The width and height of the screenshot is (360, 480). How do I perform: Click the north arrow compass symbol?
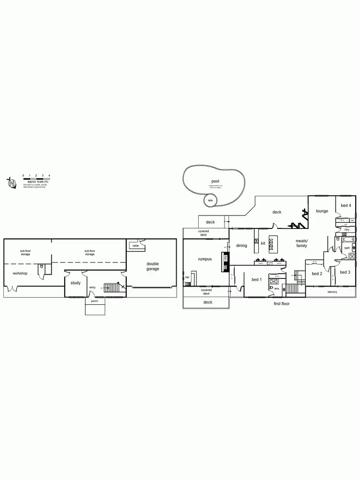11,183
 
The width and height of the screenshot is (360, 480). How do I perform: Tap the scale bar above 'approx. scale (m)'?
36,179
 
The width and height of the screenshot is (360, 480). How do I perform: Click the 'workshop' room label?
20,273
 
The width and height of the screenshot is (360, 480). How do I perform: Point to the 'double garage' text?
153,266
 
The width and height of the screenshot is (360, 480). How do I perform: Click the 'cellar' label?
136,245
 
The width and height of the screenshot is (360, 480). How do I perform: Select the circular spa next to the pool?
210,200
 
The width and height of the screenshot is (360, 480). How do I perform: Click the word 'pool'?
215,181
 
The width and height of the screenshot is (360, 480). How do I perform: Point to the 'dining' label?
241,245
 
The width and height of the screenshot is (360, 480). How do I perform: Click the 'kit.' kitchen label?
264,243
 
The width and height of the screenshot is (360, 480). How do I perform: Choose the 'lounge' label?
322,211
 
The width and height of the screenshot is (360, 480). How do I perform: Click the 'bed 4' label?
346,205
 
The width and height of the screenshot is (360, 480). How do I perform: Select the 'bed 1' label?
257,279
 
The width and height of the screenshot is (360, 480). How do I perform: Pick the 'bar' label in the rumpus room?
188,277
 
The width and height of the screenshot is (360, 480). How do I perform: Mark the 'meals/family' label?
301,243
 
